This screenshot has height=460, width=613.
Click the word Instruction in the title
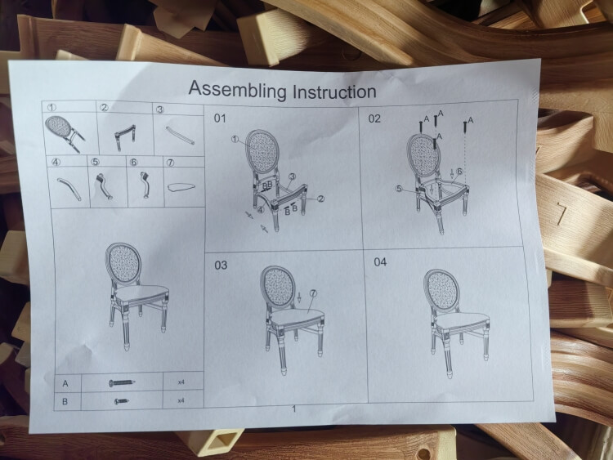[329, 91]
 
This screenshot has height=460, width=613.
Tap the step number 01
[220, 118]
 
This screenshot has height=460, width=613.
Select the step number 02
[374, 118]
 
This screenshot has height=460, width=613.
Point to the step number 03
[221, 266]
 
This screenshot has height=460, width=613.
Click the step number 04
[380, 262]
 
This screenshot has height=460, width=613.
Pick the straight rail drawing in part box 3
[180, 133]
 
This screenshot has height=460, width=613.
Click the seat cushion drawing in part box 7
[184, 187]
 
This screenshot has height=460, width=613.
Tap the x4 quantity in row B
[181, 400]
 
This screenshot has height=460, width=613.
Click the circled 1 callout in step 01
[235, 140]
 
